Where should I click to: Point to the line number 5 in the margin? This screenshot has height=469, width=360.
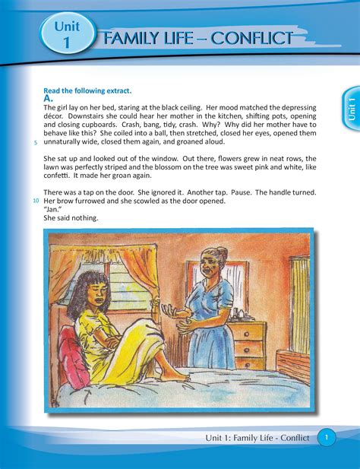[x=36, y=142]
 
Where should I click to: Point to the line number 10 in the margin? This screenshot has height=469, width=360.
[x=36, y=201]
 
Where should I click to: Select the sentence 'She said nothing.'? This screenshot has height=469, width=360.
[x=71, y=219]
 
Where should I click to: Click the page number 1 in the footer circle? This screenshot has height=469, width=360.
[x=326, y=438]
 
